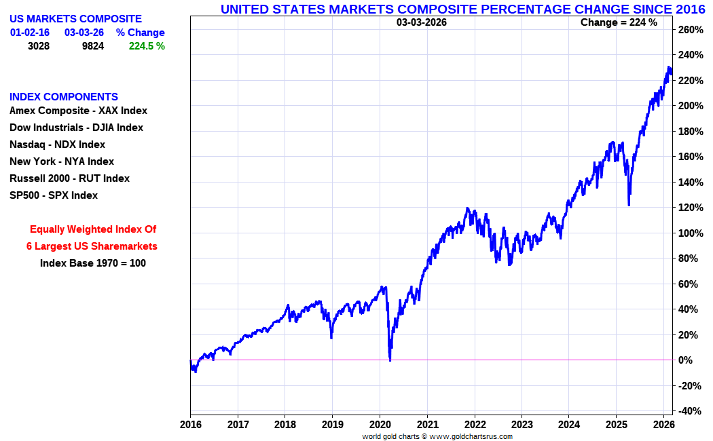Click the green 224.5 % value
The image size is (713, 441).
[x=147, y=46]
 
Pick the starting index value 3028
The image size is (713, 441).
[x=39, y=46]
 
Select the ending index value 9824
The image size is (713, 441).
[x=93, y=46]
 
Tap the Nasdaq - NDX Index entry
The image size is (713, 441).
[x=57, y=145]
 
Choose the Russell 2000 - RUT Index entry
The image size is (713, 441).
[x=69, y=178]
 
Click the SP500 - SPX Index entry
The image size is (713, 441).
[x=54, y=195]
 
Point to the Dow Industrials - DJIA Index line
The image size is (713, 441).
[x=76, y=128]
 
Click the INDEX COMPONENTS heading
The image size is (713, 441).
[x=64, y=97]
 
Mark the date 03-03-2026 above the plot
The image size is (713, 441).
[x=422, y=22]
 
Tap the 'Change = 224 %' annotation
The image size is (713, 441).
[x=619, y=22]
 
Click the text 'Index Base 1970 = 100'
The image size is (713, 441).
[x=93, y=263]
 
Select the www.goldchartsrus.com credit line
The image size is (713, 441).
[x=437, y=436]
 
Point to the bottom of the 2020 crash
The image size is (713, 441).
[x=390, y=359]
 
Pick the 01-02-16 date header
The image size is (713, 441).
[x=30, y=33]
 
